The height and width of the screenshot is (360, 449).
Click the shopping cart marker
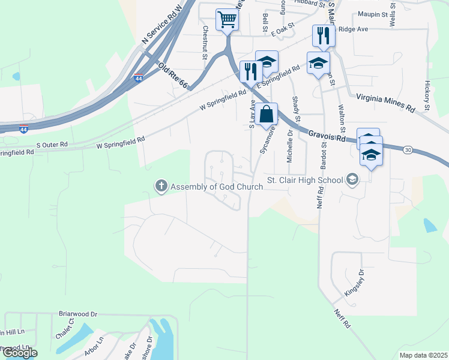pos(228,20)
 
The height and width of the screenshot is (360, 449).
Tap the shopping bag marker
pos(267,114)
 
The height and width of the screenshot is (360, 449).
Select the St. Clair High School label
pos(304,179)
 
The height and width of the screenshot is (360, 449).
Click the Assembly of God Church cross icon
pos(161,187)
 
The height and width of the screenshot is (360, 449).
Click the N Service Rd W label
pos(161,26)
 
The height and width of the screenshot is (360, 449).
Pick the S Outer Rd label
pos(51,145)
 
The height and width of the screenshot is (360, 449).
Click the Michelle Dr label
pos(290,147)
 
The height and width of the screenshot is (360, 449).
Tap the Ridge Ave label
pos(352,28)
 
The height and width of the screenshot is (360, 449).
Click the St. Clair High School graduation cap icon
pos(352,179)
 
